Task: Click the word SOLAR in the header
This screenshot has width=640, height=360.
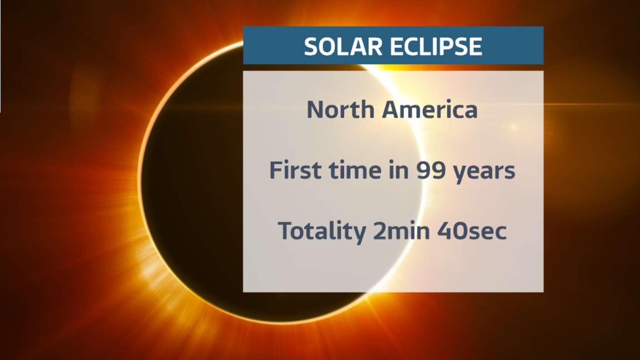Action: click(x=343, y=46)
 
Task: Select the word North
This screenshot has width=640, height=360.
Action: click(x=340, y=109)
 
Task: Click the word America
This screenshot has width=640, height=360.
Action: click(x=430, y=109)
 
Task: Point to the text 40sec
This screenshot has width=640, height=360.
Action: click(x=472, y=230)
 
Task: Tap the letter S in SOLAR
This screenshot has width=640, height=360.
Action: click(x=311, y=46)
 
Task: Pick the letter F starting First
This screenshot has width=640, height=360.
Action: click(x=276, y=170)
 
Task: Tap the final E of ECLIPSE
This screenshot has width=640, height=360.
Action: click(x=476, y=46)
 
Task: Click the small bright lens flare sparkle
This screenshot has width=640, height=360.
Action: click(x=514, y=127)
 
